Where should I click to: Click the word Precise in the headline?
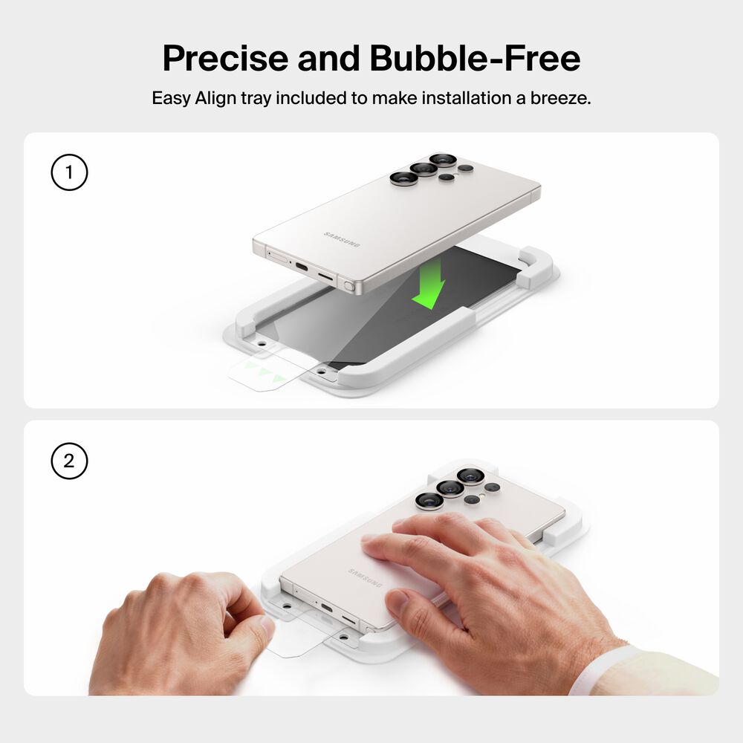(225, 58)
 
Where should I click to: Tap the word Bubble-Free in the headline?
(475, 58)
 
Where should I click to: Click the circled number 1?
(69, 172)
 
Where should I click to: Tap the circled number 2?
(69, 461)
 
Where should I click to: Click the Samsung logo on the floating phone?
(342, 239)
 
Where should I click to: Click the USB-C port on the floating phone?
(302, 266)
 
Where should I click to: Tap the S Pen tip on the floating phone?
(349, 286)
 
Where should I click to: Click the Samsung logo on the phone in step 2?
(365, 577)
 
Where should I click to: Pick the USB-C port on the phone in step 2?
(326, 608)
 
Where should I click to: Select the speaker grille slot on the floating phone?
(325, 276)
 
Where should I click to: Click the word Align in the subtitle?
(215, 99)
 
